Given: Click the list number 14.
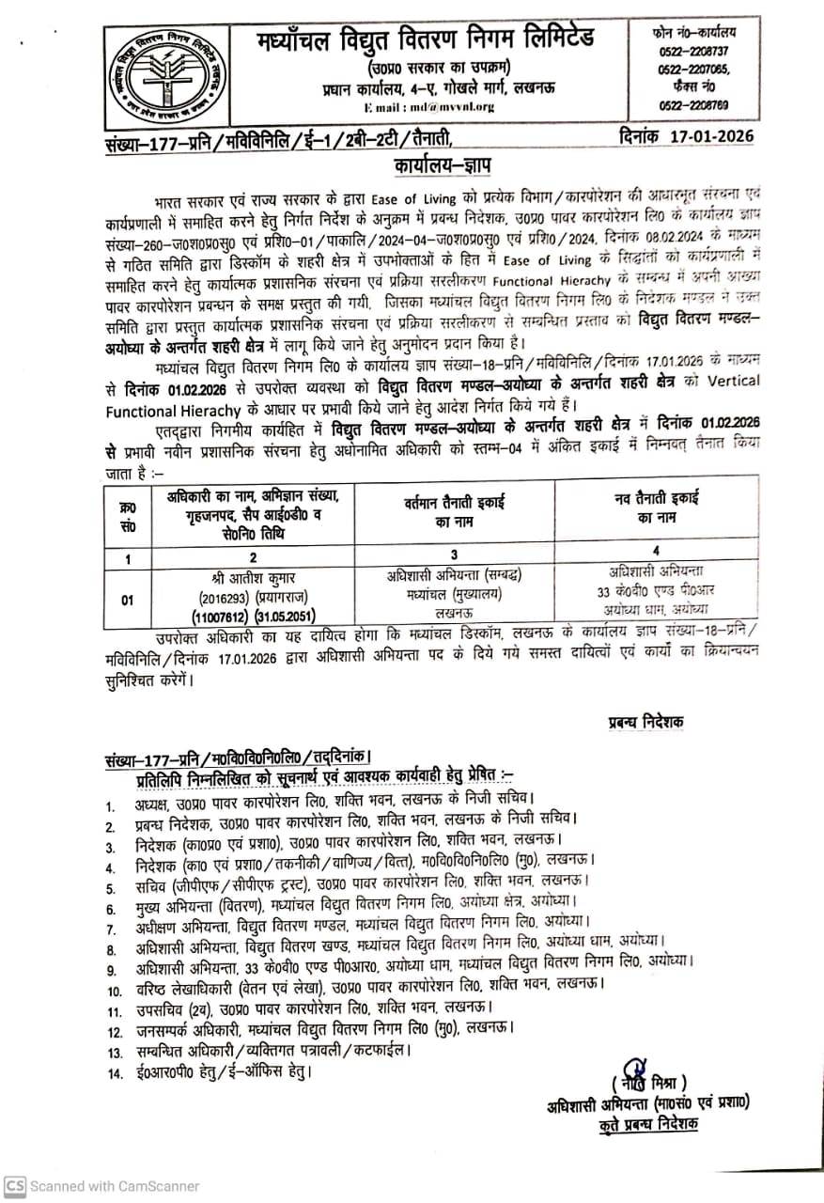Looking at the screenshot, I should point(114,1071).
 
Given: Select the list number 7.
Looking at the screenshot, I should point(111,930).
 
